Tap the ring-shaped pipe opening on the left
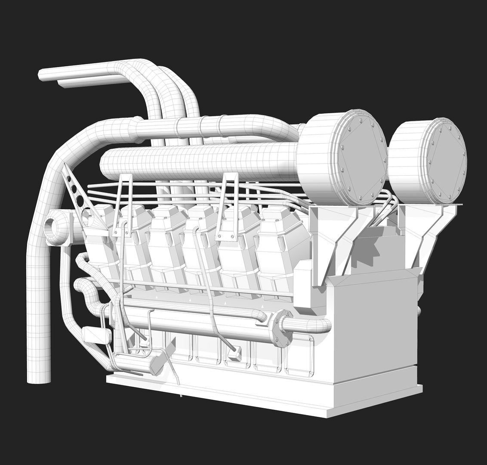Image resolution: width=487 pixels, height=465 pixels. pyautogui.click(x=55, y=226)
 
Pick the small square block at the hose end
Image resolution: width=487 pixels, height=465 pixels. pyautogui.click(x=235, y=353)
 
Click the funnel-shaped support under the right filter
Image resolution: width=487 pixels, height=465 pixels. pyautogui.click(x=426, y=232)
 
